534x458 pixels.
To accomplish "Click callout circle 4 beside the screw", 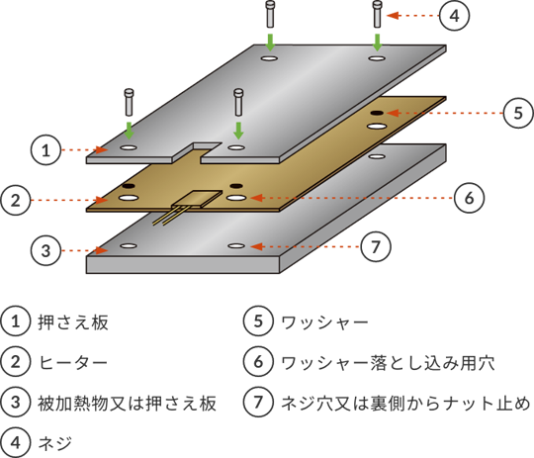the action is click(x=454, y=16).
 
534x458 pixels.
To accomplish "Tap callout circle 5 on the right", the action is click(x=518, y=113).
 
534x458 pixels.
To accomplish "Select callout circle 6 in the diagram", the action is click(x=469, y=198).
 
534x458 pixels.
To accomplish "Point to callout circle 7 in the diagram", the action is click(x=376, y=246).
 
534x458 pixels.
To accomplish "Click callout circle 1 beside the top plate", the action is click(x=45, y=150).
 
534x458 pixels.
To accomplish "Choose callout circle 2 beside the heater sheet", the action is click(x=16, y=200).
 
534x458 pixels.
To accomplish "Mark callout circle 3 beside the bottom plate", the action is click(x=45, y=250).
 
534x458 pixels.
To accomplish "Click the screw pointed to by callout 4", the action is click(x=377, y=14).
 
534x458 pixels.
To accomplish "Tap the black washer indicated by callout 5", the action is click(x=377, y=113).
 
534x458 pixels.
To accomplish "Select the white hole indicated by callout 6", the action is click(x=236, y=198).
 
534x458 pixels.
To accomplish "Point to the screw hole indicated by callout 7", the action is click(x=236, y=245).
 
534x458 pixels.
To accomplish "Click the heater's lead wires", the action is click(x=169, y=216).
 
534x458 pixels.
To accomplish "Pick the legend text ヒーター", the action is click(x=73, y=362).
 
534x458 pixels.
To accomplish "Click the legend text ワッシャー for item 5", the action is click(x=325, y=322).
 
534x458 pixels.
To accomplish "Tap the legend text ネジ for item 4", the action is click(x=55, y=443).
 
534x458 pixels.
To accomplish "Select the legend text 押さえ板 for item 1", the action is click(x=73, y=322).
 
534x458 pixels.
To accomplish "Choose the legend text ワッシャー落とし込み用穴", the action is click(x=389, y=363).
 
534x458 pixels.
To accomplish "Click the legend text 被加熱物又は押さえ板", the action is click(x=127, y=403).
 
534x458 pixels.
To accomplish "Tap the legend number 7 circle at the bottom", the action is click(x=258, y=402).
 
